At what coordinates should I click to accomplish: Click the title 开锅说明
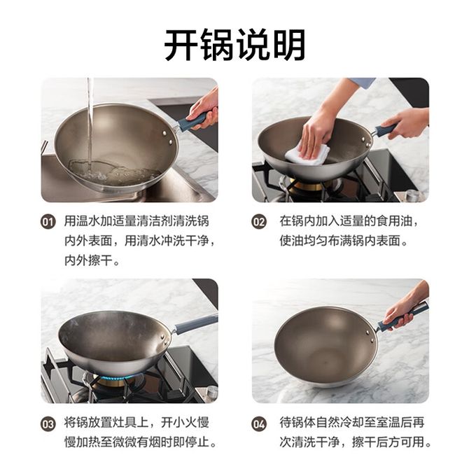point(234,45)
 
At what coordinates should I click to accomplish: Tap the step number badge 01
point(48,222)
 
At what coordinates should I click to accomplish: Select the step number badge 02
point(259,222)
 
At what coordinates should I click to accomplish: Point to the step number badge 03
point(48,424)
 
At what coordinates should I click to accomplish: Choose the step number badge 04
point(259,424)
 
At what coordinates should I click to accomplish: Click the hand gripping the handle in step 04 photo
point(404,308)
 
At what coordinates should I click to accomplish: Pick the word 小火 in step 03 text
point(185,423)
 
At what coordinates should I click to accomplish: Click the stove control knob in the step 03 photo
point(211,391)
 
